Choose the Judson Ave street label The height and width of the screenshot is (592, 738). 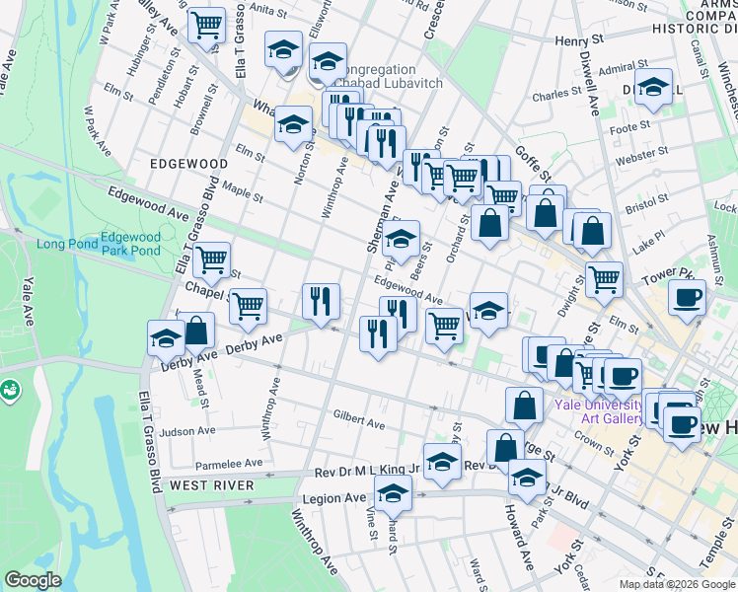pos(186,431)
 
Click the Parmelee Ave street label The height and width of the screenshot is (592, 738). pos(228,462)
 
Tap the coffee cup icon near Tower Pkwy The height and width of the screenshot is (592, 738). pos(687,297)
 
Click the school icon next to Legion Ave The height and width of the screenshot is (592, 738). pos(394,492)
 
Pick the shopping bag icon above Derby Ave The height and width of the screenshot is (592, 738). pos(197,331)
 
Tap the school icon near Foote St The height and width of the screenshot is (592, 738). pos(653,89)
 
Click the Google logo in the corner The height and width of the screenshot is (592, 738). pos(33,580)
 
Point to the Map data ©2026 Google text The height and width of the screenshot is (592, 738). pos(677,584)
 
